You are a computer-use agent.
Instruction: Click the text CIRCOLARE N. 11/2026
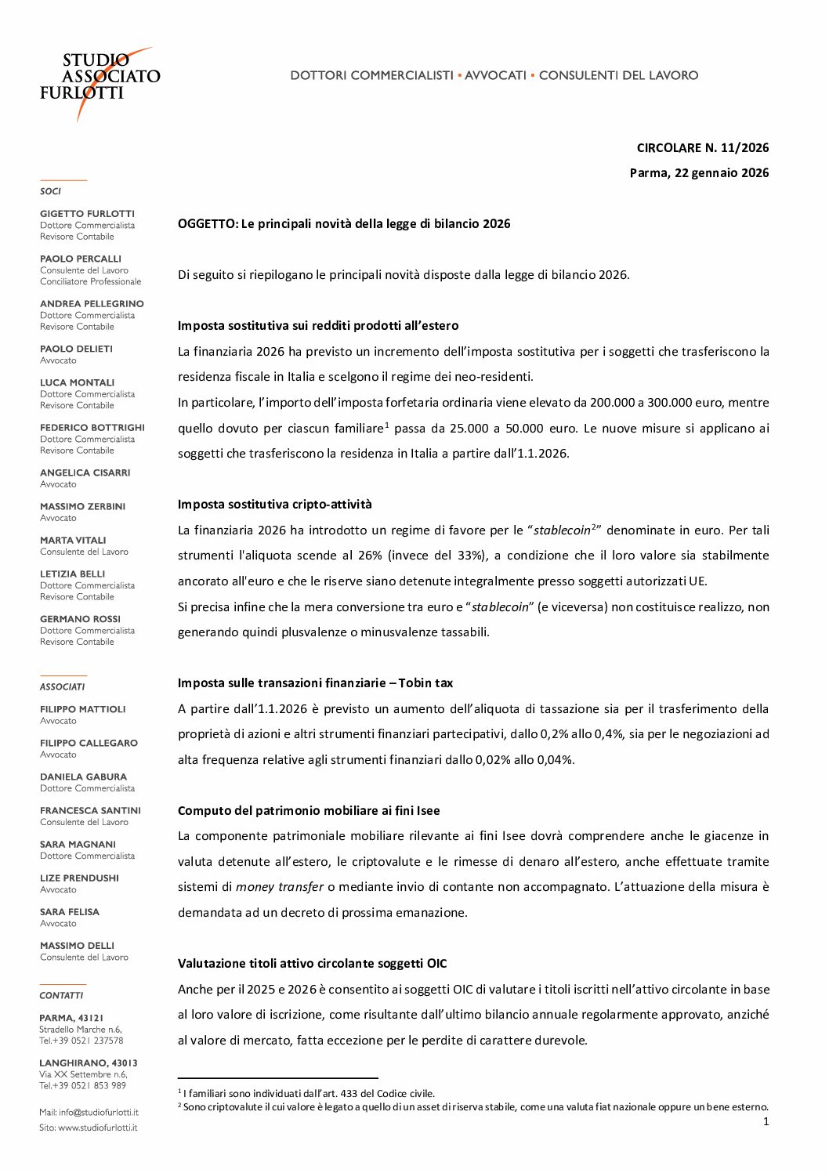coord(702,147)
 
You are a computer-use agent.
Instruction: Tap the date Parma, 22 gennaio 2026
coord(699,172)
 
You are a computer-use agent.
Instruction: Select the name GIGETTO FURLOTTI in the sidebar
coord(87,214)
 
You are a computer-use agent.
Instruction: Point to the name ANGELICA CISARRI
coord(85,472)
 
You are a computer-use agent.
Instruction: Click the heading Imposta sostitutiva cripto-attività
coord(274,504)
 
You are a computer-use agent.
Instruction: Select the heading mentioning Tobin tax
coord(315,682)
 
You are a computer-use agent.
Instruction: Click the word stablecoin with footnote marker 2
coord(562,530)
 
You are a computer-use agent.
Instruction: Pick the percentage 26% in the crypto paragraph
coord(370,556)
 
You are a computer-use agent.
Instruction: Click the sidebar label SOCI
coord(50,191)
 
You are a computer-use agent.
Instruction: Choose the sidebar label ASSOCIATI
coord(62,686)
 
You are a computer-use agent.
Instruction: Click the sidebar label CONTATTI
coord(61,995)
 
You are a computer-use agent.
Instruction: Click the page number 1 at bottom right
coord(766,1121)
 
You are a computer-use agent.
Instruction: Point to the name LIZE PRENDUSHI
coord(79,878)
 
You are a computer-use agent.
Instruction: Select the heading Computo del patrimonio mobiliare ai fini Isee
coord(309,810)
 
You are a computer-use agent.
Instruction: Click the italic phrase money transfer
coord(280,887)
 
